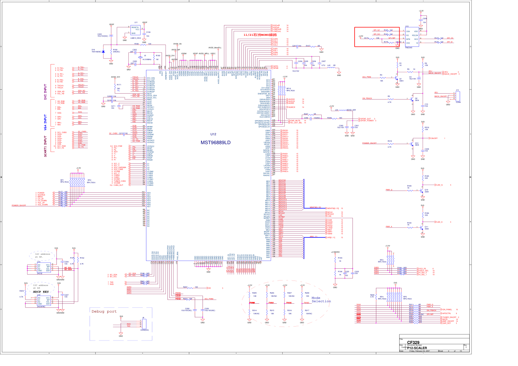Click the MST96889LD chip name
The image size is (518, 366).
(x=215, y=143)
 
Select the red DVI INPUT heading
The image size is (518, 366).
(x=46, y=92)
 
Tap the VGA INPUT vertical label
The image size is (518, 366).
(x=46, y=122)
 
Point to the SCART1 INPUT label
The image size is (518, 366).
(x=46, y=146)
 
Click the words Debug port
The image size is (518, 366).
(x=104, y=311)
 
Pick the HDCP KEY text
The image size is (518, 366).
(x=41, y=292)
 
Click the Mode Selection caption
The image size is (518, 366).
(x=321, y=300)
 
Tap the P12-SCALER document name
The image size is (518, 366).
(x=417, y=348)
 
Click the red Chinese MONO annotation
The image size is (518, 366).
(x=260, y=35)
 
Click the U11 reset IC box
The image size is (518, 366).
(x=135, y=31)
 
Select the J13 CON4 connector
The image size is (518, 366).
(x=458, y=96)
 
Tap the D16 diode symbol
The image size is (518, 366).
(x=103, y=52)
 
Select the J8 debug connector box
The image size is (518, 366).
(x=144, y=325)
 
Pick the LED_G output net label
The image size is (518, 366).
(x=439, y=185)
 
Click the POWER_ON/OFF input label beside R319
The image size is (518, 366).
(x=369, y=143)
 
